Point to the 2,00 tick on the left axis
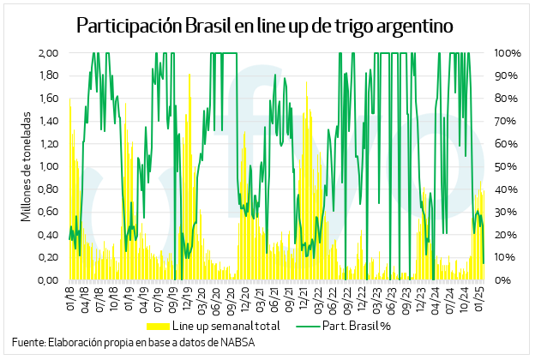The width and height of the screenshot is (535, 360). pyautogui.click(x=47, y=53)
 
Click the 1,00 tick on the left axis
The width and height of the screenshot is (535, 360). pyautogui.click(x=47, y=166)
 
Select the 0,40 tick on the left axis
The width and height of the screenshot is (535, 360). pyautogui.click(x=47, y=235)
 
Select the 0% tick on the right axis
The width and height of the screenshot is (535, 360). pyautogui.click(x=503, y=280)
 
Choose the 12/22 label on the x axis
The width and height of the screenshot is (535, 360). pyautogui.click(x=362, y=299)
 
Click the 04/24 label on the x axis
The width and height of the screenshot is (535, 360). pyautogui.click(x=436, y=299)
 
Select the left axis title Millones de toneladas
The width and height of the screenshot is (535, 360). pyautogui.click(x=26, y=165)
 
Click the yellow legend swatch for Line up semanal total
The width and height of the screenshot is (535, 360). pyautogui.click(x=159, y=327)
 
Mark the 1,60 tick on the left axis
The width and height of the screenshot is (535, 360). pyautogui.click(x=47, y=99)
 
